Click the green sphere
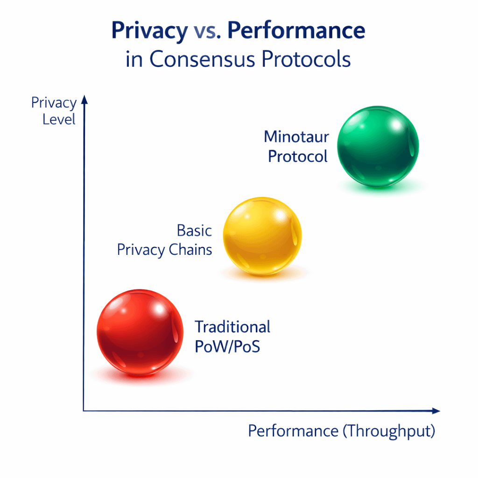[378, 146]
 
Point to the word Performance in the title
[296, 31]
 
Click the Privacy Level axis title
[54, 111]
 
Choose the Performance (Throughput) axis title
[341, 431]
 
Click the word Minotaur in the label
[296, 137]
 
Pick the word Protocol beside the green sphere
[298, 157]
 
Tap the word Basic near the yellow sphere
[194, 231]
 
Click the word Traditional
[232, 327]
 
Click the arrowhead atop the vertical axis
[84, 98]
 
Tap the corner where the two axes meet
[84, 411]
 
